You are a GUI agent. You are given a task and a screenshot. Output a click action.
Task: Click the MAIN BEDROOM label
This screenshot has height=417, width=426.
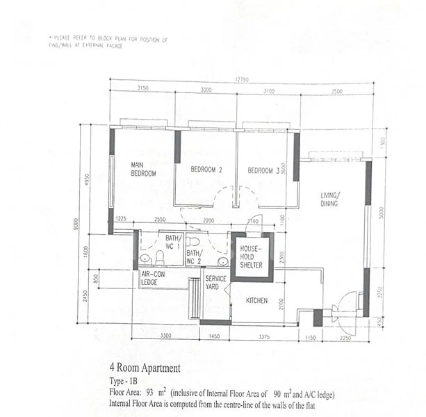click(x=143, y=169)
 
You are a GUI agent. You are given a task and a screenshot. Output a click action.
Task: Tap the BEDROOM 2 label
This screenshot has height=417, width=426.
click(x=206, y=170)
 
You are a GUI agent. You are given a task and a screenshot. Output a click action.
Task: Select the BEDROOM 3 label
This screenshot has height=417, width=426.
click(x=263, y=170)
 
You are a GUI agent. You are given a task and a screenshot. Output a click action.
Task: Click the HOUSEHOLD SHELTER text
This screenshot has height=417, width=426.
click(x=251, y=256)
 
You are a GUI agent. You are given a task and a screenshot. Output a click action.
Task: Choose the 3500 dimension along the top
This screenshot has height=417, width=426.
click(x=337, y=90)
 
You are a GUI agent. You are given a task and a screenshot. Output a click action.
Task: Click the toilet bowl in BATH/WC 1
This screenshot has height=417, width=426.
click(x=159, y=259)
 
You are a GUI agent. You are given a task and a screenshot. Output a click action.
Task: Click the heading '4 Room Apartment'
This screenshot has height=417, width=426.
click(x=145, y=368)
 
